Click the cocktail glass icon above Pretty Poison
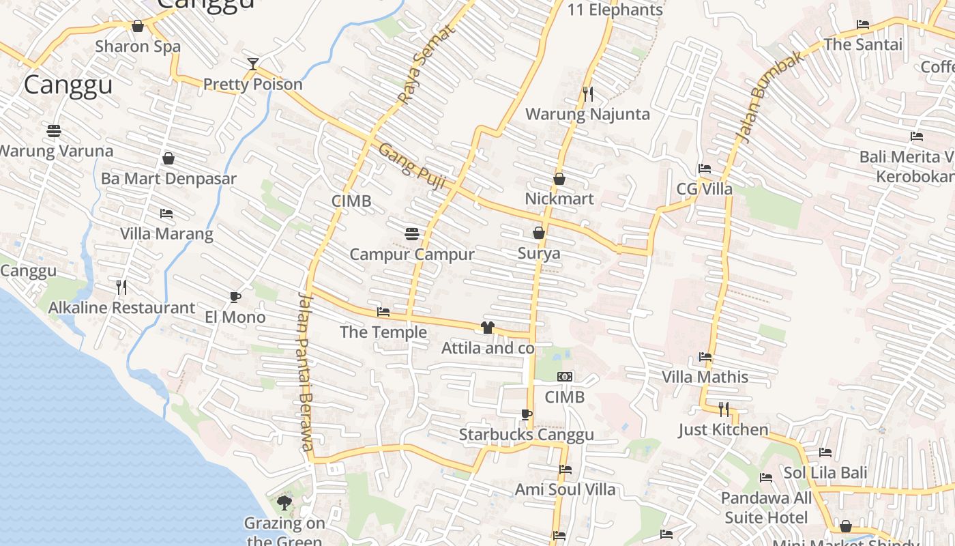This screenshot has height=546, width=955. click(253, 64)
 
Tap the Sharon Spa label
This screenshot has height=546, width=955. click(138, 46)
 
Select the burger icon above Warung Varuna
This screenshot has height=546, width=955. click(54, 130)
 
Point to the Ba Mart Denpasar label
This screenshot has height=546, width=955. click(168, 179)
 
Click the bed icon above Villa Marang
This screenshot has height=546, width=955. click(166, 214)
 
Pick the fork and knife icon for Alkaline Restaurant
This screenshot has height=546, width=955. click(121, 287)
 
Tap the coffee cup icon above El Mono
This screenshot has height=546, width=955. click(235, 297)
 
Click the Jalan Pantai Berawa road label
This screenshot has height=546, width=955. click(304, 372)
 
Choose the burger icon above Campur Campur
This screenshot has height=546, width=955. click(411, 234)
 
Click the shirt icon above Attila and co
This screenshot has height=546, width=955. click(487, 328)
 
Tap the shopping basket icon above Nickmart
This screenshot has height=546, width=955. click(559, 179)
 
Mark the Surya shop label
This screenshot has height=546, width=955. click(539, 253)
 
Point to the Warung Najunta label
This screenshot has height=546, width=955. click(587, 114)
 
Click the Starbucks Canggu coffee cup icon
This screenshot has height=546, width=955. click(526, 414)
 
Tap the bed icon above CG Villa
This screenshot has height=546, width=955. click(705, 169)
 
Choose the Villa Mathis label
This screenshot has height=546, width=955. click(705, 377)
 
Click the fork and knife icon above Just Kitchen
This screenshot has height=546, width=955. click(724, 409)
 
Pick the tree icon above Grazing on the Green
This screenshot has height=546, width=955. click(284, 503)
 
